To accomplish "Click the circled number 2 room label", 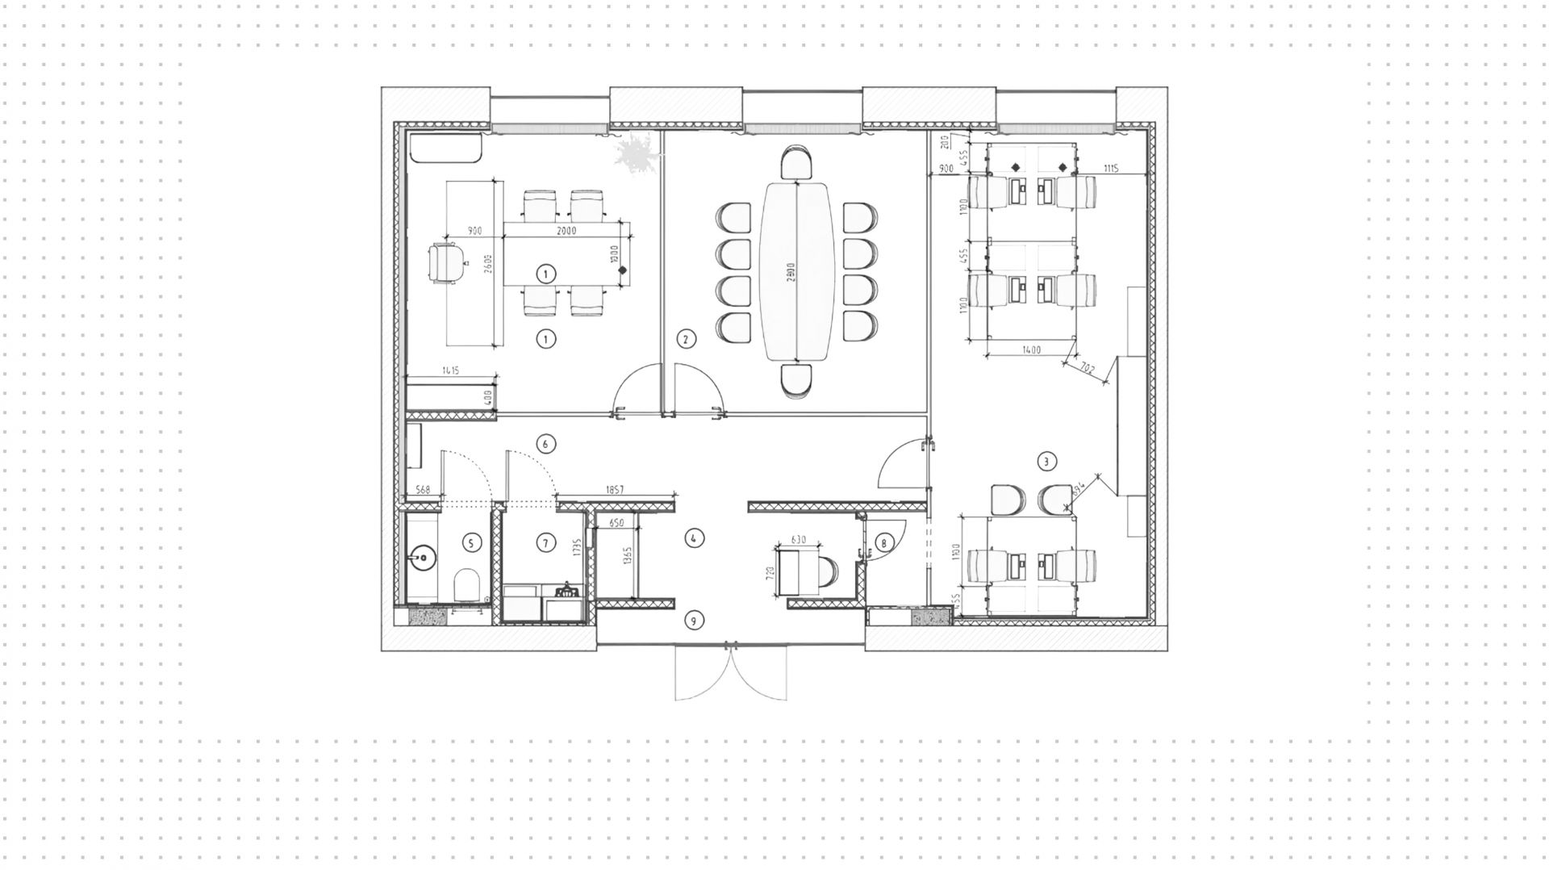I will pyautogui.click(x=685, y=339).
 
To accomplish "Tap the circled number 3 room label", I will pyautogui.click(x=1046, y=462).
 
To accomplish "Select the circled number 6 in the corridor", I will pyautogui.click(x=545, y=443).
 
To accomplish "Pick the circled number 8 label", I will pyautogui.click(x=883, y=543).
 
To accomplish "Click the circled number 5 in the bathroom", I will pyautogui.click(x=472, y=543).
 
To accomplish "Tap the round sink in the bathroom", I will pyautogui.click(x=420, y=557).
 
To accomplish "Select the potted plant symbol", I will pyautogui.click(x=637, y=153).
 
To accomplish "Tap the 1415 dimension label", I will pyautogui.click(x=450, y=370).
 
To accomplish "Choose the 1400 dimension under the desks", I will pyautogui.click(x=1030, y=350).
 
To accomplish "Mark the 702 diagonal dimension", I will pyautogui.click(x=1086, y=370).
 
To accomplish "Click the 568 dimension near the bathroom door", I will pyautogui.click(x=422, y=490).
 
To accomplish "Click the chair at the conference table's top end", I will pyautogui.click(x=796, y=164).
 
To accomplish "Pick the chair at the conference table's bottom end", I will pyautogui.click(x=796, y=379).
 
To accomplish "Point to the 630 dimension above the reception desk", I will pyautogui.click(x=799, y=540).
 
